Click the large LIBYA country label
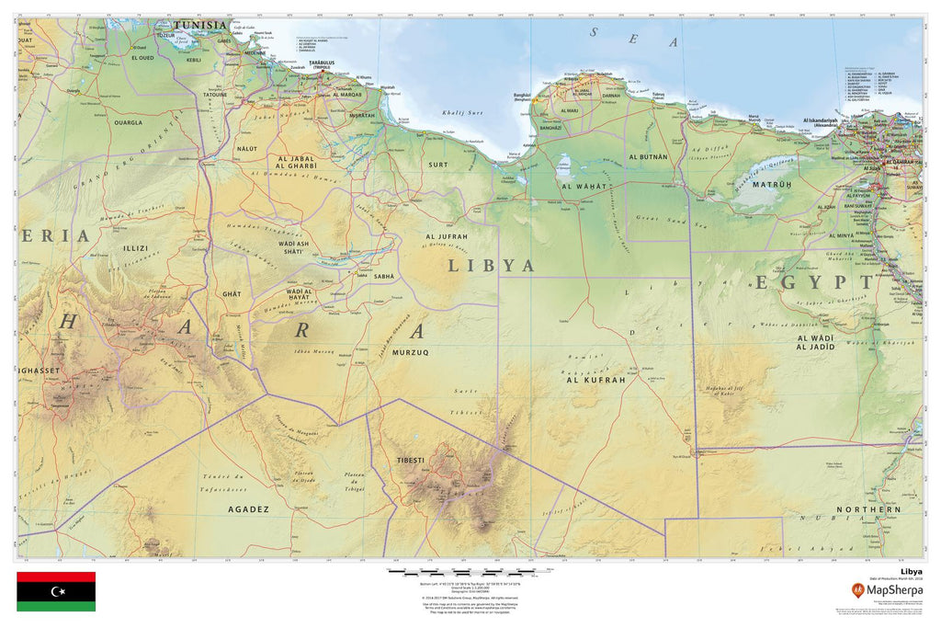[491, 266]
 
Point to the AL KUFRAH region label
[595, 379]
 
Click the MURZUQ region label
[411, 352]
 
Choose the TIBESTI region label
[410, 459]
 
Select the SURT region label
[437, 165]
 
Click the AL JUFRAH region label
[448, 236]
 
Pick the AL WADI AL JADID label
[815, 343]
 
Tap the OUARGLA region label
[128, 121]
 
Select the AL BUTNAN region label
[648, 157]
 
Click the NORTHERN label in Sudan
[868, 509]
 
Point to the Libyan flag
[56, 591]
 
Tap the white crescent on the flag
[57, 591]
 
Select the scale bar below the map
[469, 571]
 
